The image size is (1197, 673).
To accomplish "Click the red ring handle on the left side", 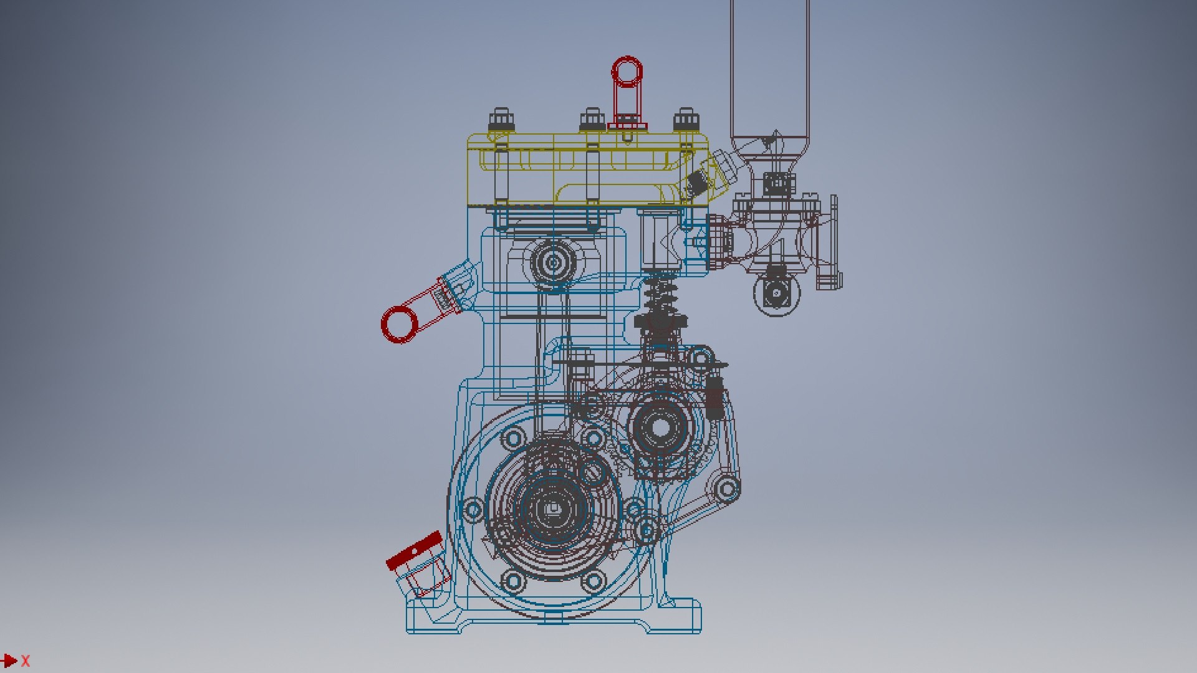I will pos(400,325).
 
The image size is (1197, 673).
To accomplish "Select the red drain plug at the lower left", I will pos(415,551).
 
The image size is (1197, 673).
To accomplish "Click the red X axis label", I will pos(26,661).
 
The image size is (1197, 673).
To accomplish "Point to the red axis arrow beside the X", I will pos(9,661).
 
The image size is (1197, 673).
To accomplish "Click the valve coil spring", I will pos(661,293).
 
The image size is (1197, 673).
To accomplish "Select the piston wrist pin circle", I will pos(552,263).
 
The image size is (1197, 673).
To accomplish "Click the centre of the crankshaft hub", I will pos(552,508).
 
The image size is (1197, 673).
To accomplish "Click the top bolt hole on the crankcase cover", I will pos(513,438).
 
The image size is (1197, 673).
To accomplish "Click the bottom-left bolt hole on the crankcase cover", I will pos(513,581).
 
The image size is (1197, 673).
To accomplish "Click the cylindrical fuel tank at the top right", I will pos(770,69).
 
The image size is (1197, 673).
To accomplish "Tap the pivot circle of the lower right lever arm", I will pos(725,489).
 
